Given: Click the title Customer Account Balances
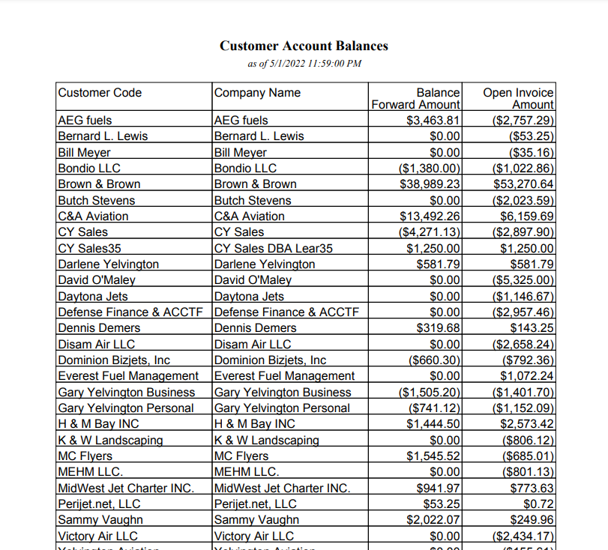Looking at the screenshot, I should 304,46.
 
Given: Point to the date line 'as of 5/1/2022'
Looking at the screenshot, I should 304,64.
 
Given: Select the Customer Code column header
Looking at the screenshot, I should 100,93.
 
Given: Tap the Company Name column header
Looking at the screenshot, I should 257,93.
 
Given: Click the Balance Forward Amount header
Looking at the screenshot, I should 416,99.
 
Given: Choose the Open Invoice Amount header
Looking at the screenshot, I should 518,99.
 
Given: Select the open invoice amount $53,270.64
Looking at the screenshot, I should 523,184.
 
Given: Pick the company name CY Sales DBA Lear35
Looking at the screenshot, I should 274,249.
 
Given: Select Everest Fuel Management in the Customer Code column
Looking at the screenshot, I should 127,376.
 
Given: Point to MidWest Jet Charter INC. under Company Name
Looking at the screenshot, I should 282,489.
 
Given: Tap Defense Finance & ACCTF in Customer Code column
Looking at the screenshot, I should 130,312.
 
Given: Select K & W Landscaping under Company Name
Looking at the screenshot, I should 266,441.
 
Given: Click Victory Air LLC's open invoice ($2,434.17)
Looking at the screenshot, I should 523,537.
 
